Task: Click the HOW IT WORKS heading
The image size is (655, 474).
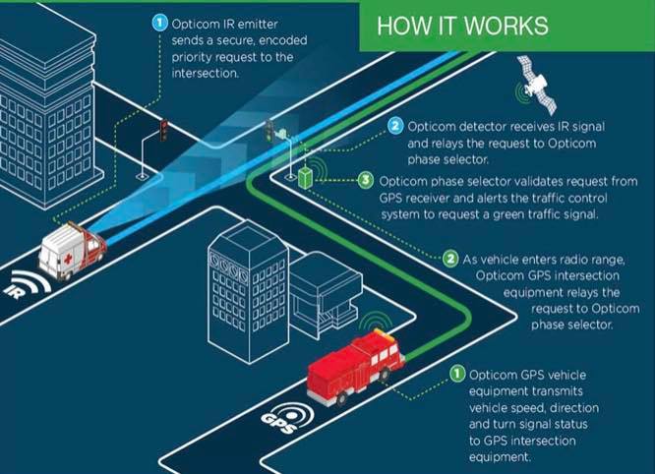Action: (x=462, y=26)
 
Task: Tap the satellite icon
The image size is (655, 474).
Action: (x=538, y=86)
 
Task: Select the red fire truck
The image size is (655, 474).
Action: (x=355, y=366)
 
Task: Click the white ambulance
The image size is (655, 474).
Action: (x=73, y=251)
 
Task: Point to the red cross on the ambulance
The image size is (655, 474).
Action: (x=68, y=259)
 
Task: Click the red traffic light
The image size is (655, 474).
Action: (x=163, y=130)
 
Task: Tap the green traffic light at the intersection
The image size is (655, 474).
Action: (x=269, y=130)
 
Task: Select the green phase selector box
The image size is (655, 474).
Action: (x=305, y=178)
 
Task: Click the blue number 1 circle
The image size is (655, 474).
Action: (x=159, y=23)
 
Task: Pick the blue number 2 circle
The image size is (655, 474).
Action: (x=395, y=126)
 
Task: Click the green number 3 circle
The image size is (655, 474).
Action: (x=366, y=180)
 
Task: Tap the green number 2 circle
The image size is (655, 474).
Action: (x=450, y=259)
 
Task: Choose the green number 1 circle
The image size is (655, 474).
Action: (x=457, y=374)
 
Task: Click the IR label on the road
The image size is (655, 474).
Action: (x=14, y=291)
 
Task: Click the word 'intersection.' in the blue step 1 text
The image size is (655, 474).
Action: (x=206, y=74)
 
